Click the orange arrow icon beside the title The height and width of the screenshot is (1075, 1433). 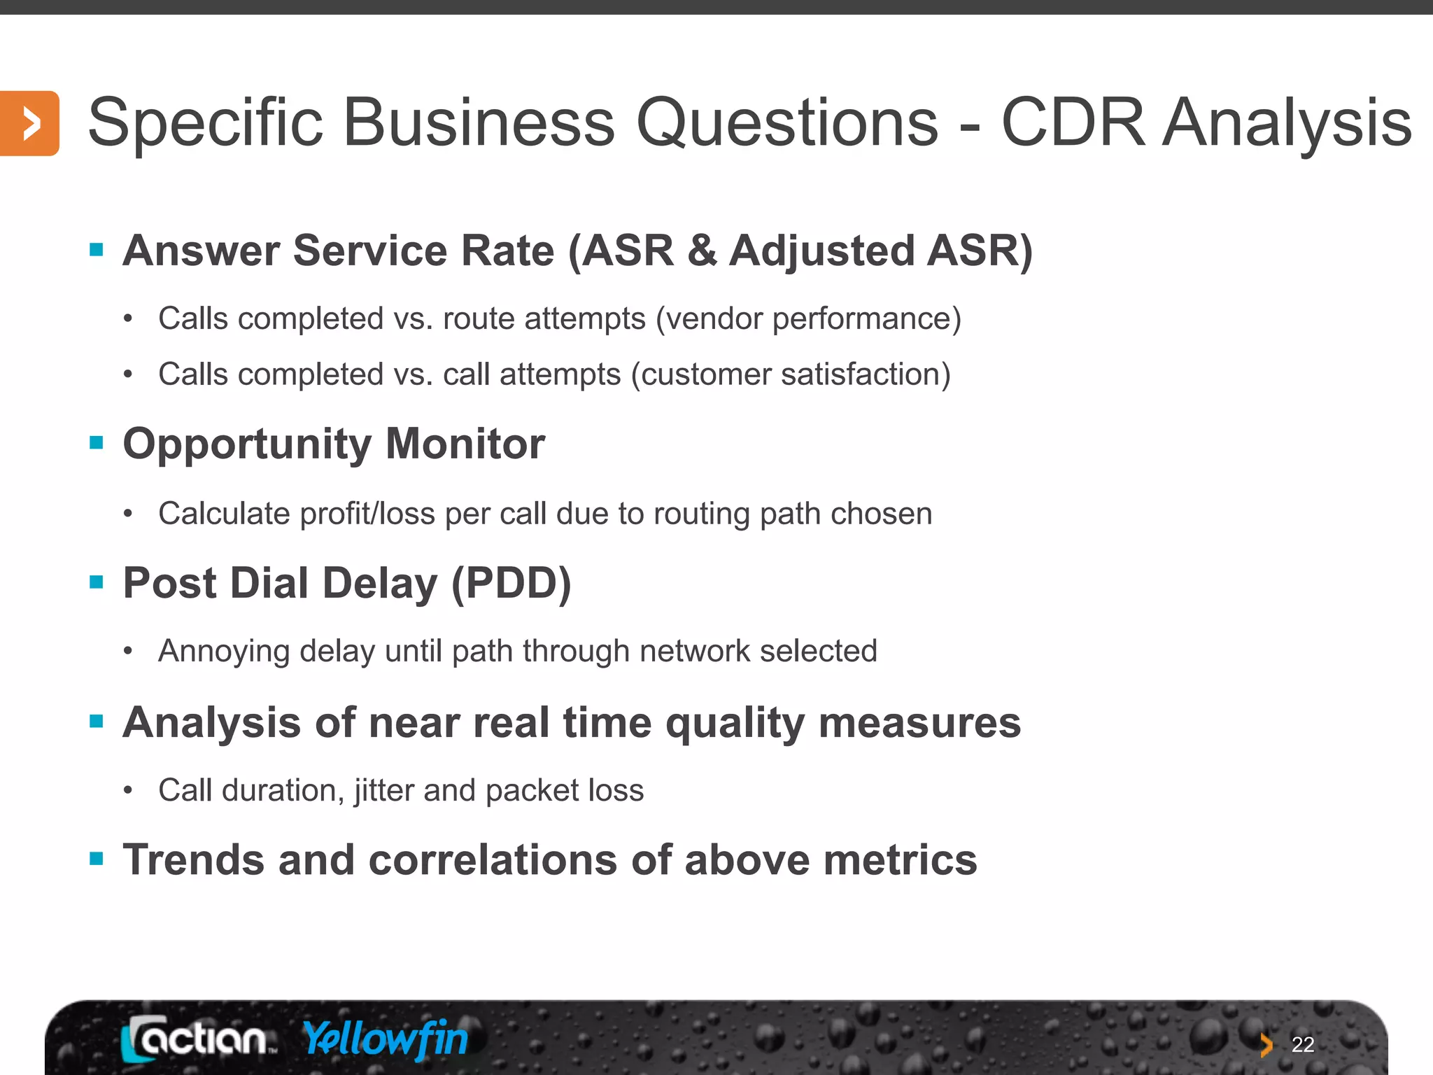coord(29,123)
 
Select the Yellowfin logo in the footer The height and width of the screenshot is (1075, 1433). coord(386,1039)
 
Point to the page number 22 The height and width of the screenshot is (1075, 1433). coord(1302,1044)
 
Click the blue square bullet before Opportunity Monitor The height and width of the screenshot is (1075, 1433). coord(97,442)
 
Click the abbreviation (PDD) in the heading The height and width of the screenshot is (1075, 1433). coord(511,583)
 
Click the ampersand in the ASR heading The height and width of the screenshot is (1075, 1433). coord(702,251)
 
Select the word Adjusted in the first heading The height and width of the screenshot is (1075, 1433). coord(821,251)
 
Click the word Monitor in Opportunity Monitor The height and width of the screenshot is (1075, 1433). coord(465,444)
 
